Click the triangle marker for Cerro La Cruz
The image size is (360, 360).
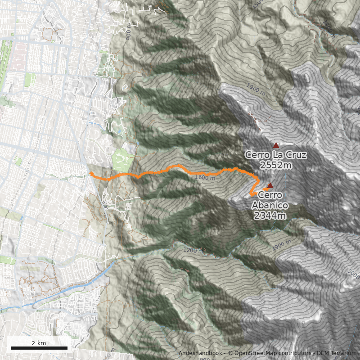tap(276, 145)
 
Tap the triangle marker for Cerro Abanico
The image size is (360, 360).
tap(270, 185)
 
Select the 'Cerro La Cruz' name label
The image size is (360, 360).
tap(275, 155)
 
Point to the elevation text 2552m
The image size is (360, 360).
tap(276, 166)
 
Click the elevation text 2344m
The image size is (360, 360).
tap(270, 216)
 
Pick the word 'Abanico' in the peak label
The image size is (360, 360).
tap(270, 206)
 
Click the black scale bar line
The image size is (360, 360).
tap(39, 348)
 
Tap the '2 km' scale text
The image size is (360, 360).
tap(39, 343)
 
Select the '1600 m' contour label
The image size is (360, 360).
tap(205, 178)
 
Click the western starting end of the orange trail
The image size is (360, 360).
tap(91, 173)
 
